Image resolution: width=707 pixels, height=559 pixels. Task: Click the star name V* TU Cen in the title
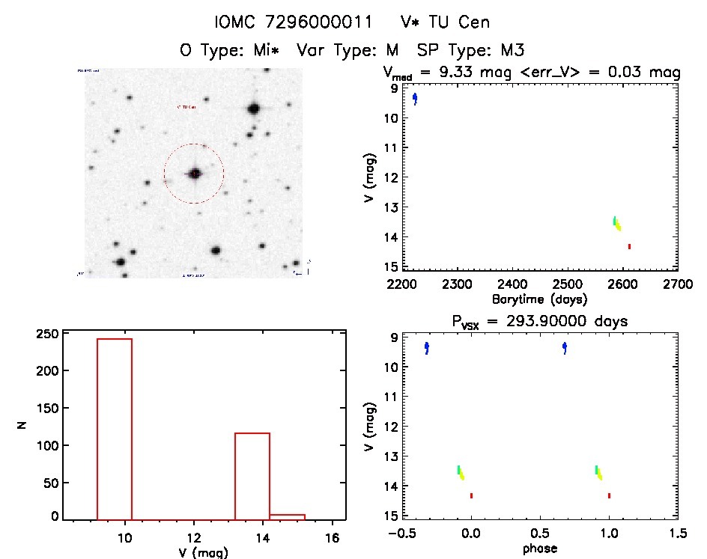445,22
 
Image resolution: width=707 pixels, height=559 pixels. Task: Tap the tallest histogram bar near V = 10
115,427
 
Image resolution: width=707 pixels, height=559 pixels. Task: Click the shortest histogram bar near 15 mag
287,516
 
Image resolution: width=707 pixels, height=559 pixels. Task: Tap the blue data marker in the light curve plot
415,99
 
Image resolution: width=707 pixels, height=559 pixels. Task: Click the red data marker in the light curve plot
629,246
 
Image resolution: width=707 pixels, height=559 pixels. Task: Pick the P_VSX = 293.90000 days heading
539,321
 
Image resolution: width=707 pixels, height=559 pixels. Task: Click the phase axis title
539,549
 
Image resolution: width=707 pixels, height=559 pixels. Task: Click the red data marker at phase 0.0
471,495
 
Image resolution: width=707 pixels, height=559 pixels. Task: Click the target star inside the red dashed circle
195,174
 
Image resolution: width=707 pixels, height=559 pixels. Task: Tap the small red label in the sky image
186,107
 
